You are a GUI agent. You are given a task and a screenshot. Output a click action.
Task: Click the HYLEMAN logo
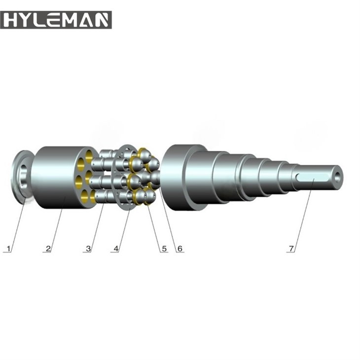56,20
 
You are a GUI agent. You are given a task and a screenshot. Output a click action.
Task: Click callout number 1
7,249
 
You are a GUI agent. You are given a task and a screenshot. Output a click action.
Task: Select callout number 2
48,249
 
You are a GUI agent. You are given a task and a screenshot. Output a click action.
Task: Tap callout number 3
88,249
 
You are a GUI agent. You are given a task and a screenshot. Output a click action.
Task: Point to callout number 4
116,249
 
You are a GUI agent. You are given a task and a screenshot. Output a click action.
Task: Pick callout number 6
180,249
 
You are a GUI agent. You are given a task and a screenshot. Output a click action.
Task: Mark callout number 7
291,249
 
